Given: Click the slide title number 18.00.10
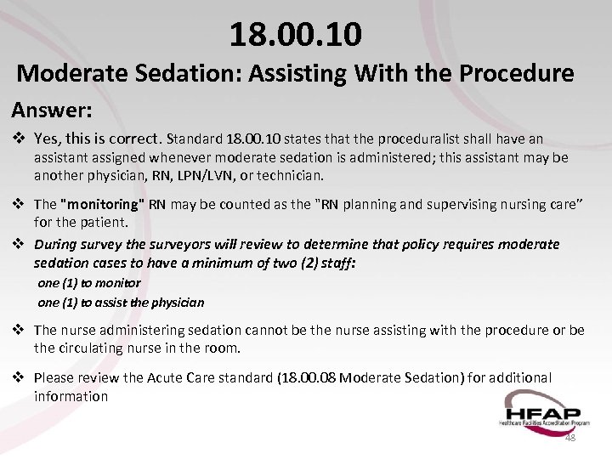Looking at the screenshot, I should click(295, 34).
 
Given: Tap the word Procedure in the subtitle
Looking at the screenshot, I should click(516, 73).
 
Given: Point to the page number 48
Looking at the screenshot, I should click(569, 437).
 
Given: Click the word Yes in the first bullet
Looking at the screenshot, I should click(46, 139).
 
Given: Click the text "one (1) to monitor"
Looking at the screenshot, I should click(89, 282).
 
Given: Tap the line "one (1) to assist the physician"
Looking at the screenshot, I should click(121, 302).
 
